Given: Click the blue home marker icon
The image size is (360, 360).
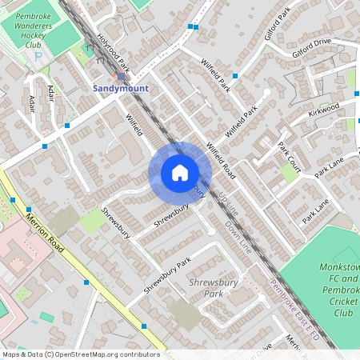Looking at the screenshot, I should tap(180, 173).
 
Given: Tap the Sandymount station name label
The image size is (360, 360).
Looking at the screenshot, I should tap(121, 88).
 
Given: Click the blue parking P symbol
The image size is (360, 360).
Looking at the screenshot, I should tap(38, 81).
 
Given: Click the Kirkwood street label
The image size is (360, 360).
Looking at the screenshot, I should tap(324, 110).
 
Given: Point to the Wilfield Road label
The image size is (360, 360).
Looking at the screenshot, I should tap(221, 159).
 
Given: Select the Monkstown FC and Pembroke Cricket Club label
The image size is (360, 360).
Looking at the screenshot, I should tap(337, 289).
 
